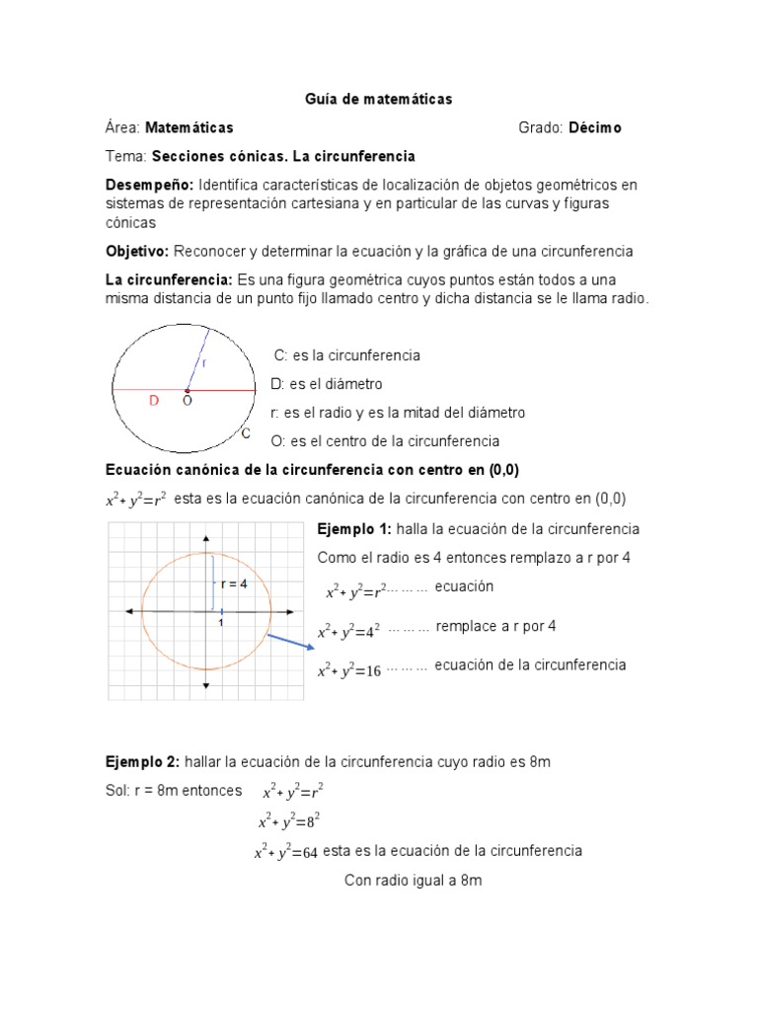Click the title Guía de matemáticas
coord(378,99)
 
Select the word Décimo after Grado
coord(594,127)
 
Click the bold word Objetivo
coord(137,251)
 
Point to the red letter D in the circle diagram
coord(153,401)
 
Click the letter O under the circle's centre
coord(187,402)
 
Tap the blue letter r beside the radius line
coord(204,362)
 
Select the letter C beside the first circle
coord(246,432)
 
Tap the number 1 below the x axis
coord(221,623)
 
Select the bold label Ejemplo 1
coord(353,529)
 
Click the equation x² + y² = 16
coord(348,671)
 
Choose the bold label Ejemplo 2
coord(142,762)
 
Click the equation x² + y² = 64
coord(285,853)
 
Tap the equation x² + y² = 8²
coord(288,821)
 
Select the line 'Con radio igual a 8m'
coord(413,880)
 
